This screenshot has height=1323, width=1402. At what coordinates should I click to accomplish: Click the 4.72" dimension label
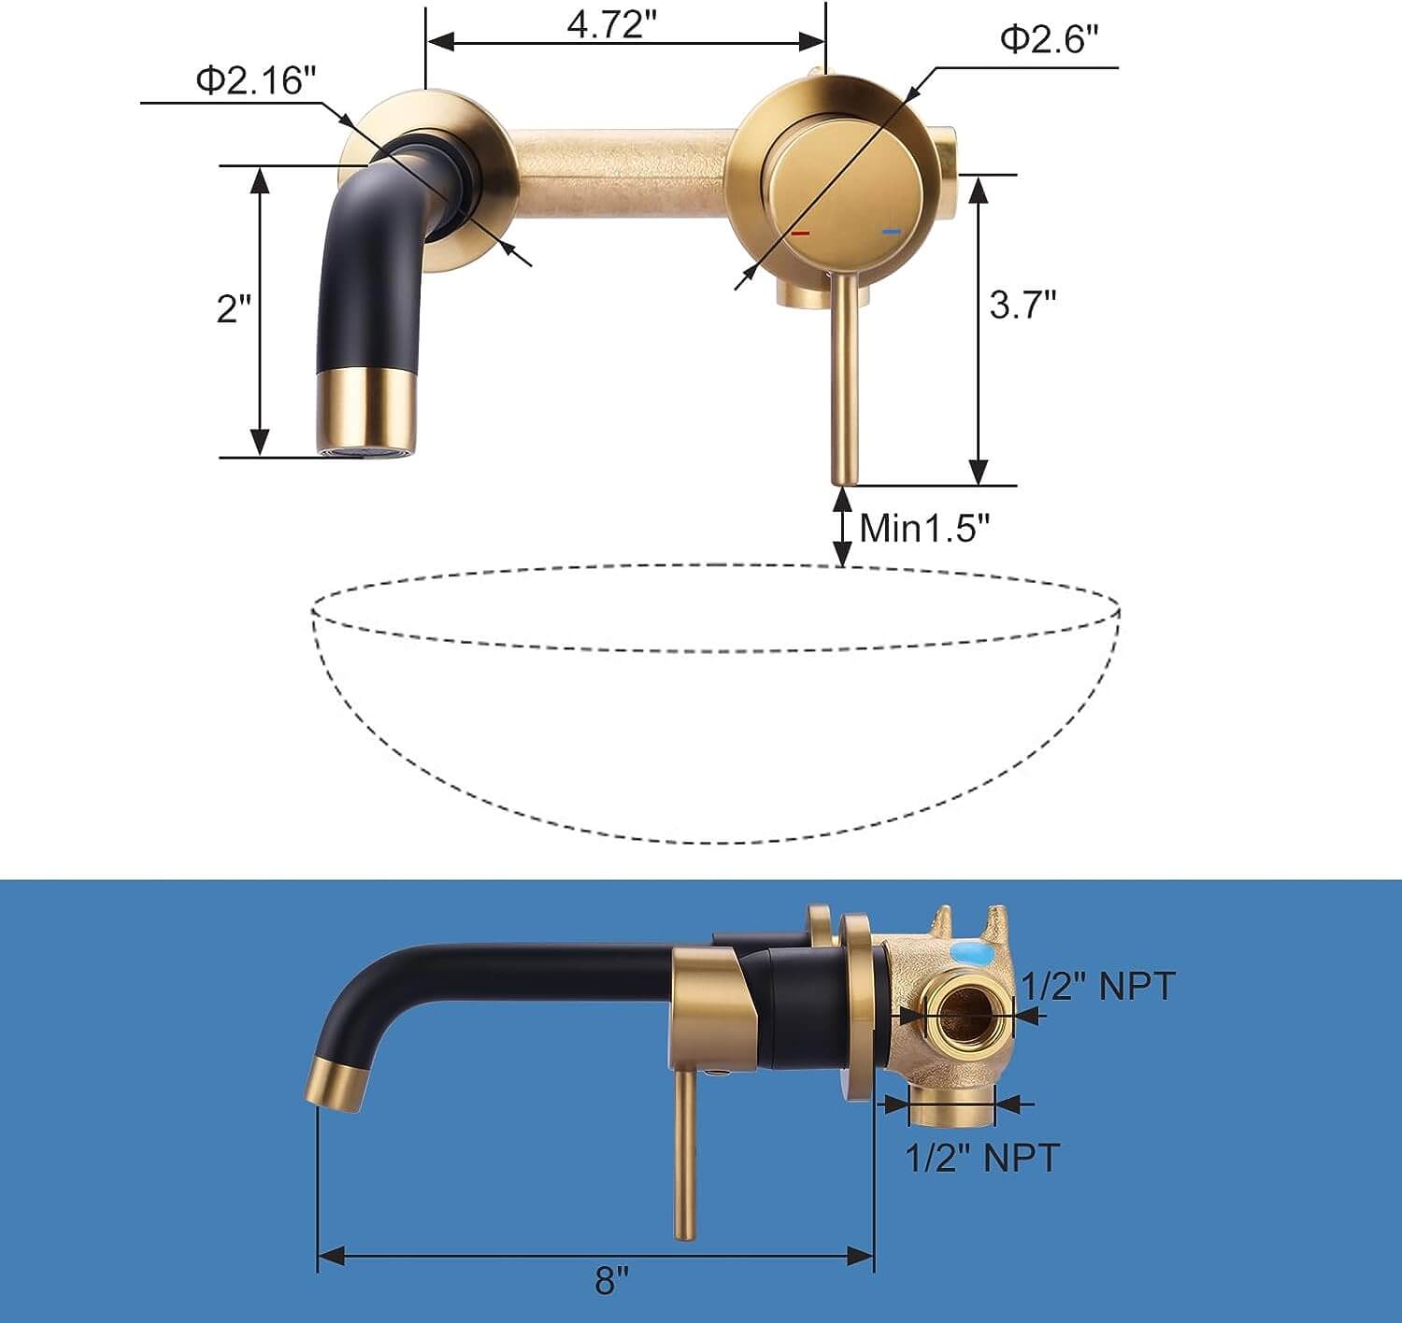click(x=607, y=24)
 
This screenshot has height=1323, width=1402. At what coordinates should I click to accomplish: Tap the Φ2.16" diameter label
click(x=250, y=80)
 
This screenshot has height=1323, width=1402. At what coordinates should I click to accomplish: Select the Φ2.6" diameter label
click(x=1048, y=39)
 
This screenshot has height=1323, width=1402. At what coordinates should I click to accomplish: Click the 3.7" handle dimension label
click(x=1023, y=304)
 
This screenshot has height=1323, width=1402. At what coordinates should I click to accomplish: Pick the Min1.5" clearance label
click(x=923, y=528)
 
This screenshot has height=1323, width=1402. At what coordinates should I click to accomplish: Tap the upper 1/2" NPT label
click(x=1097, y=986)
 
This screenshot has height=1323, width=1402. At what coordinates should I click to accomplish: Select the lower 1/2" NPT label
click(x=982, y=1158)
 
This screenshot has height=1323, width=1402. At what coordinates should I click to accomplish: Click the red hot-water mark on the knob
click(x=800, y=232)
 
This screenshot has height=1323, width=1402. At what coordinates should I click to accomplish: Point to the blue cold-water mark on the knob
click(x=891, y=231)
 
